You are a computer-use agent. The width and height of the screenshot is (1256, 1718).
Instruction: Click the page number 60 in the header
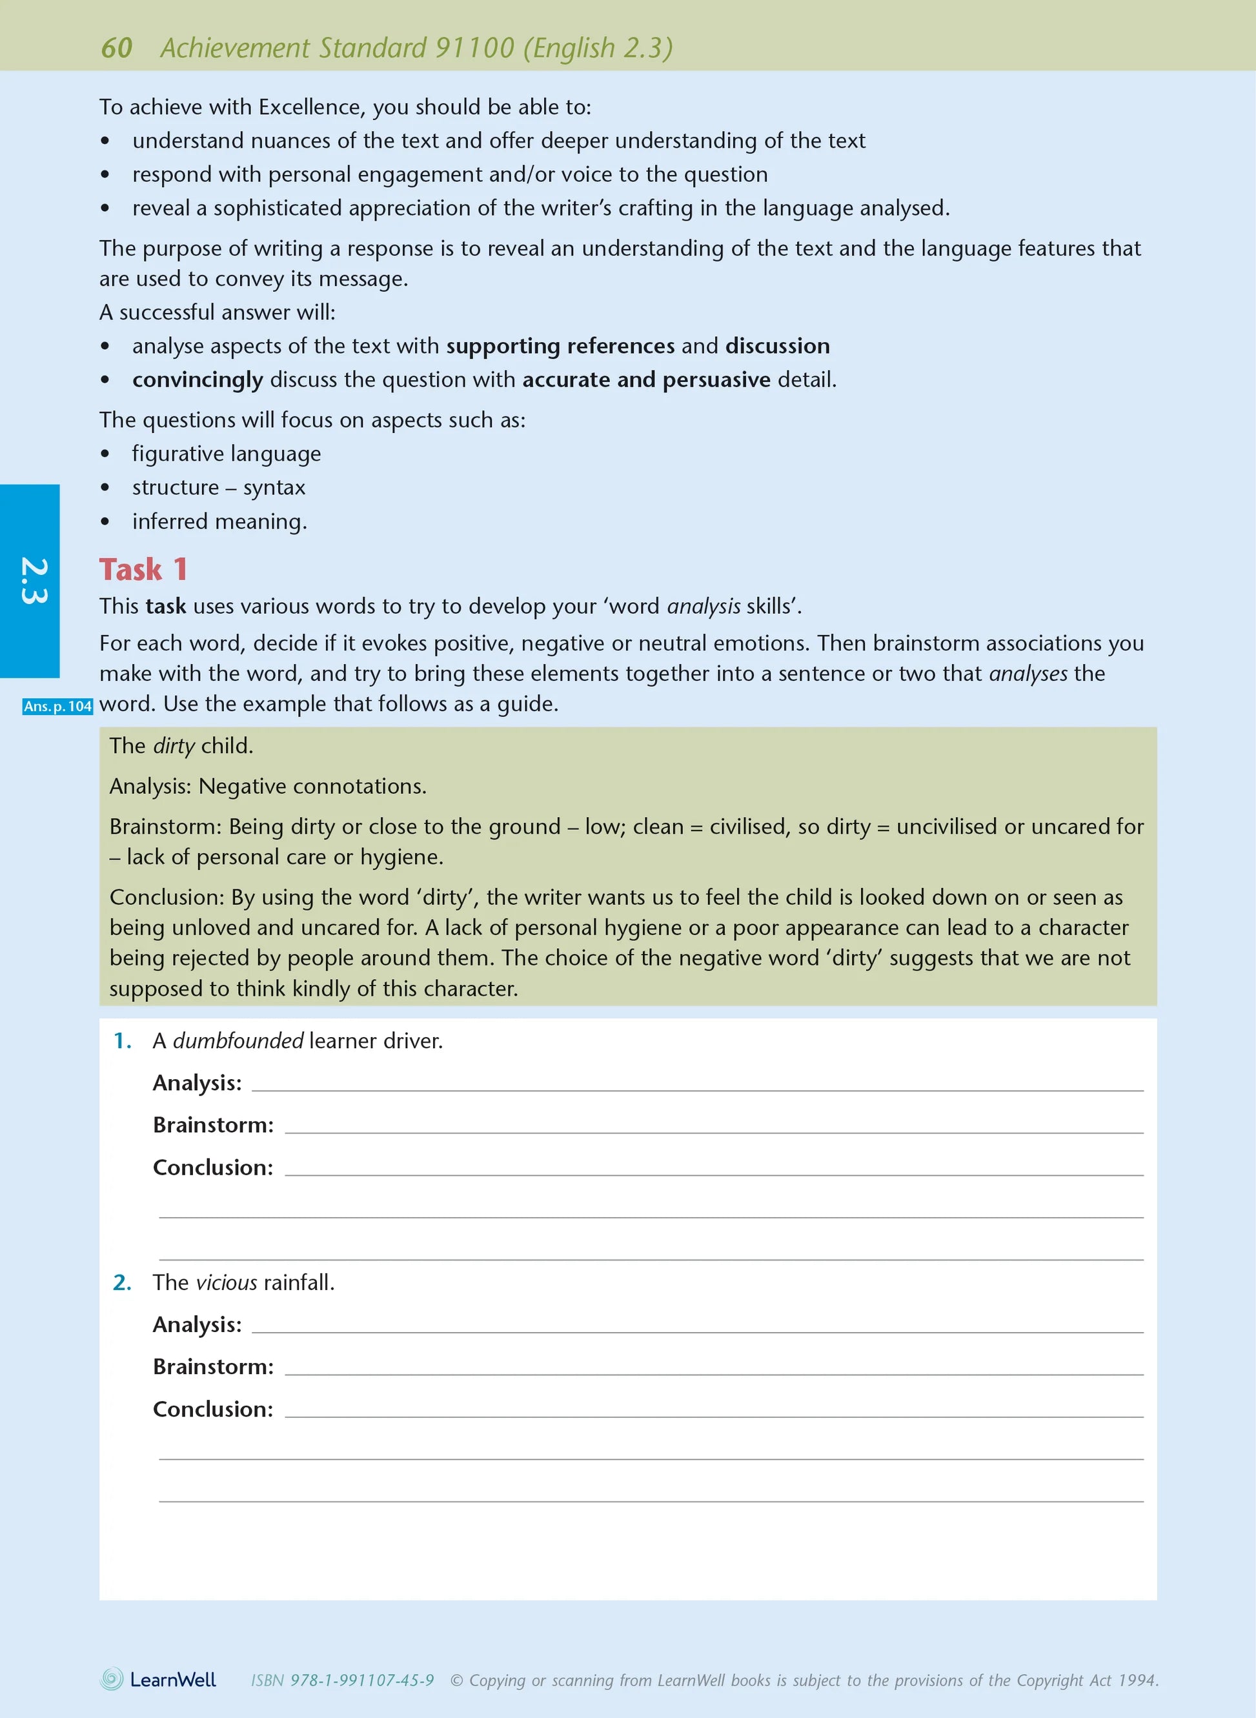point(116,48)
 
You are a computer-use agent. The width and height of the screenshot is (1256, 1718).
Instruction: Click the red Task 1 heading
point(143,569)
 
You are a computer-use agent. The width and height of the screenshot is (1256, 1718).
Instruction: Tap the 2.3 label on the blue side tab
point(33,581)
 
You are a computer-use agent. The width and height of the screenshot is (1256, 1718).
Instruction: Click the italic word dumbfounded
point(238,1041)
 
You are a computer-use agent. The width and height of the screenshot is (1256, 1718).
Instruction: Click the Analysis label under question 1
point(197,1082)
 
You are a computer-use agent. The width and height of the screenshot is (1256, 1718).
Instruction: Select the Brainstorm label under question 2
point(213,1367)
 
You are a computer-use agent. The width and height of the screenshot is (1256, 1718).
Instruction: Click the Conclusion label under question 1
point(213,1167)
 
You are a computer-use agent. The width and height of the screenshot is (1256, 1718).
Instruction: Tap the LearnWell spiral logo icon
point(112,1679)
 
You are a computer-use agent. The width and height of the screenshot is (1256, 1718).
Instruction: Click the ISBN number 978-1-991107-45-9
point(362,1681)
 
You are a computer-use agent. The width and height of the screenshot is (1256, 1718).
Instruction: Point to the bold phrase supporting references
point(560,346)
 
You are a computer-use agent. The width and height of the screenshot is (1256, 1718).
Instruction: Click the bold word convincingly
point(198,379)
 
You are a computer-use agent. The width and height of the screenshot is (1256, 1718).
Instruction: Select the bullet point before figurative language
point(105,454)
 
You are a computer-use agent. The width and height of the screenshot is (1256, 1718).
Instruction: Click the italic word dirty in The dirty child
point(174,745)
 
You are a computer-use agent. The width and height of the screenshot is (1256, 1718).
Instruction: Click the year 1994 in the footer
point(1137,1681)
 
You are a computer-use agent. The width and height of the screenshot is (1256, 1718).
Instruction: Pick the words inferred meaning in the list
point(218,521)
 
